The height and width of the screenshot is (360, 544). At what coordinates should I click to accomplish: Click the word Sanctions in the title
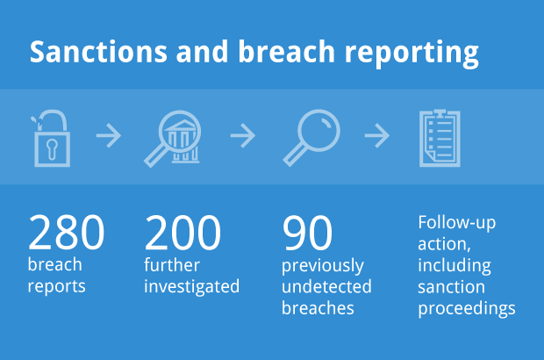click(x=98, y=52)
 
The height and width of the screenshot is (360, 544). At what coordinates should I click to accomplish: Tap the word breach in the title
click(x=286, y=51)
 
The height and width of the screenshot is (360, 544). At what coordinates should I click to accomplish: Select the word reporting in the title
click(x=412, y=54)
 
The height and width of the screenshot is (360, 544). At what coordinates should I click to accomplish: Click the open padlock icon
click(x=52, y=138)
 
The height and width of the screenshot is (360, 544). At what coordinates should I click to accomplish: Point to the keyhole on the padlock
click(x=52, y=148)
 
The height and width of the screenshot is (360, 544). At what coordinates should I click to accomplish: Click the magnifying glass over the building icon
click(x=173, y=139)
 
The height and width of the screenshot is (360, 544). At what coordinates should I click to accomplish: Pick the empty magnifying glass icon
click(x=311, y=138)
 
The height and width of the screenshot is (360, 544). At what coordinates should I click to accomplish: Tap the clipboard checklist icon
click(x=440, y=138)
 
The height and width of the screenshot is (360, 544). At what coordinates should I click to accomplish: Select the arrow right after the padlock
click(x=109, y=135)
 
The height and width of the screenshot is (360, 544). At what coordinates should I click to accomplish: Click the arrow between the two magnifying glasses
click(x=243, y=135)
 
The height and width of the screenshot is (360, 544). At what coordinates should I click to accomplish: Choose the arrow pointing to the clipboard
click(x=376, y=135)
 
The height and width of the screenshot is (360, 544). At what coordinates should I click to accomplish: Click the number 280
click(x=66, y=233)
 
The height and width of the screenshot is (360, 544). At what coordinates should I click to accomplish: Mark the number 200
click(x=183, y=233)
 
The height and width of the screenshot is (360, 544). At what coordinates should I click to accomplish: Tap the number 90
click(x=307, y=233)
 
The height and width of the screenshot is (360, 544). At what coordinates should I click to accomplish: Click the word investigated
click(x=192, y=287)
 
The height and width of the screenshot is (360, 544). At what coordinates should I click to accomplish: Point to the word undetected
click(x=326, y=286)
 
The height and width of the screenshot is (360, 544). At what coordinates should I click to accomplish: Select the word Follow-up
click(x=457, y=223)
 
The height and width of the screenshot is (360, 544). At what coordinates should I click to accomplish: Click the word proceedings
click(x=467, y=308)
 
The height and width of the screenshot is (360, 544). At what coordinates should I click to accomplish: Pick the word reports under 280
click(x=56, y=287)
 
